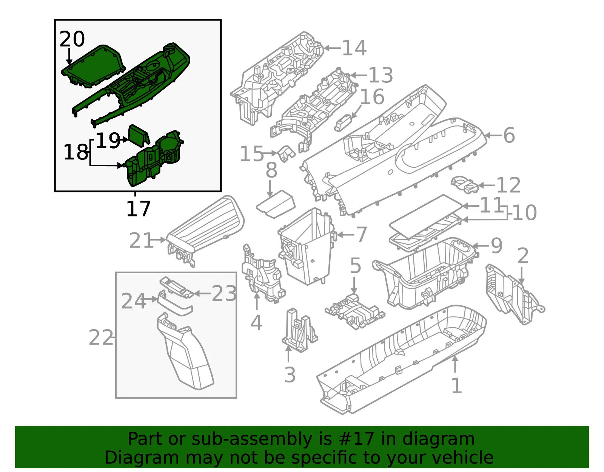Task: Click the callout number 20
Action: tap(72, 39)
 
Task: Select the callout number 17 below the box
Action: tap(139, 209)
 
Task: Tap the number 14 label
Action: tap(354, 48)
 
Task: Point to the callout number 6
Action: tap(509, 135)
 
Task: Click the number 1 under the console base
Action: tap(457, 385)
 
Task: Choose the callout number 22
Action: tap(101, 338)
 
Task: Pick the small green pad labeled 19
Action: tap(139, 136)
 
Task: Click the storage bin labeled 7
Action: tap(307, 246)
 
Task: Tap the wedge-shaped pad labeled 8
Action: tap(276, 204)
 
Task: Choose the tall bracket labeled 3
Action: tap(300, 330)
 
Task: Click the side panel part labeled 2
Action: tap(515, 294)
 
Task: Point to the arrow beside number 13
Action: tap(359, 75)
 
